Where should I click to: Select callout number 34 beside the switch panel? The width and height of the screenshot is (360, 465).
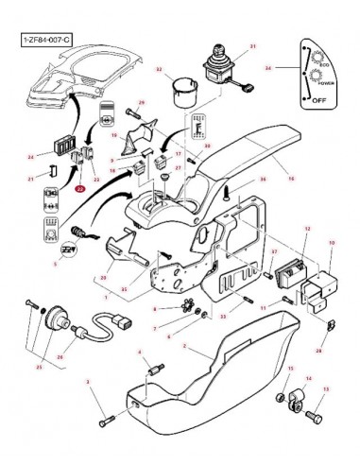tap(268, 69)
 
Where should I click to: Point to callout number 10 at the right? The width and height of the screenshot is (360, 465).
tap(331, 244)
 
